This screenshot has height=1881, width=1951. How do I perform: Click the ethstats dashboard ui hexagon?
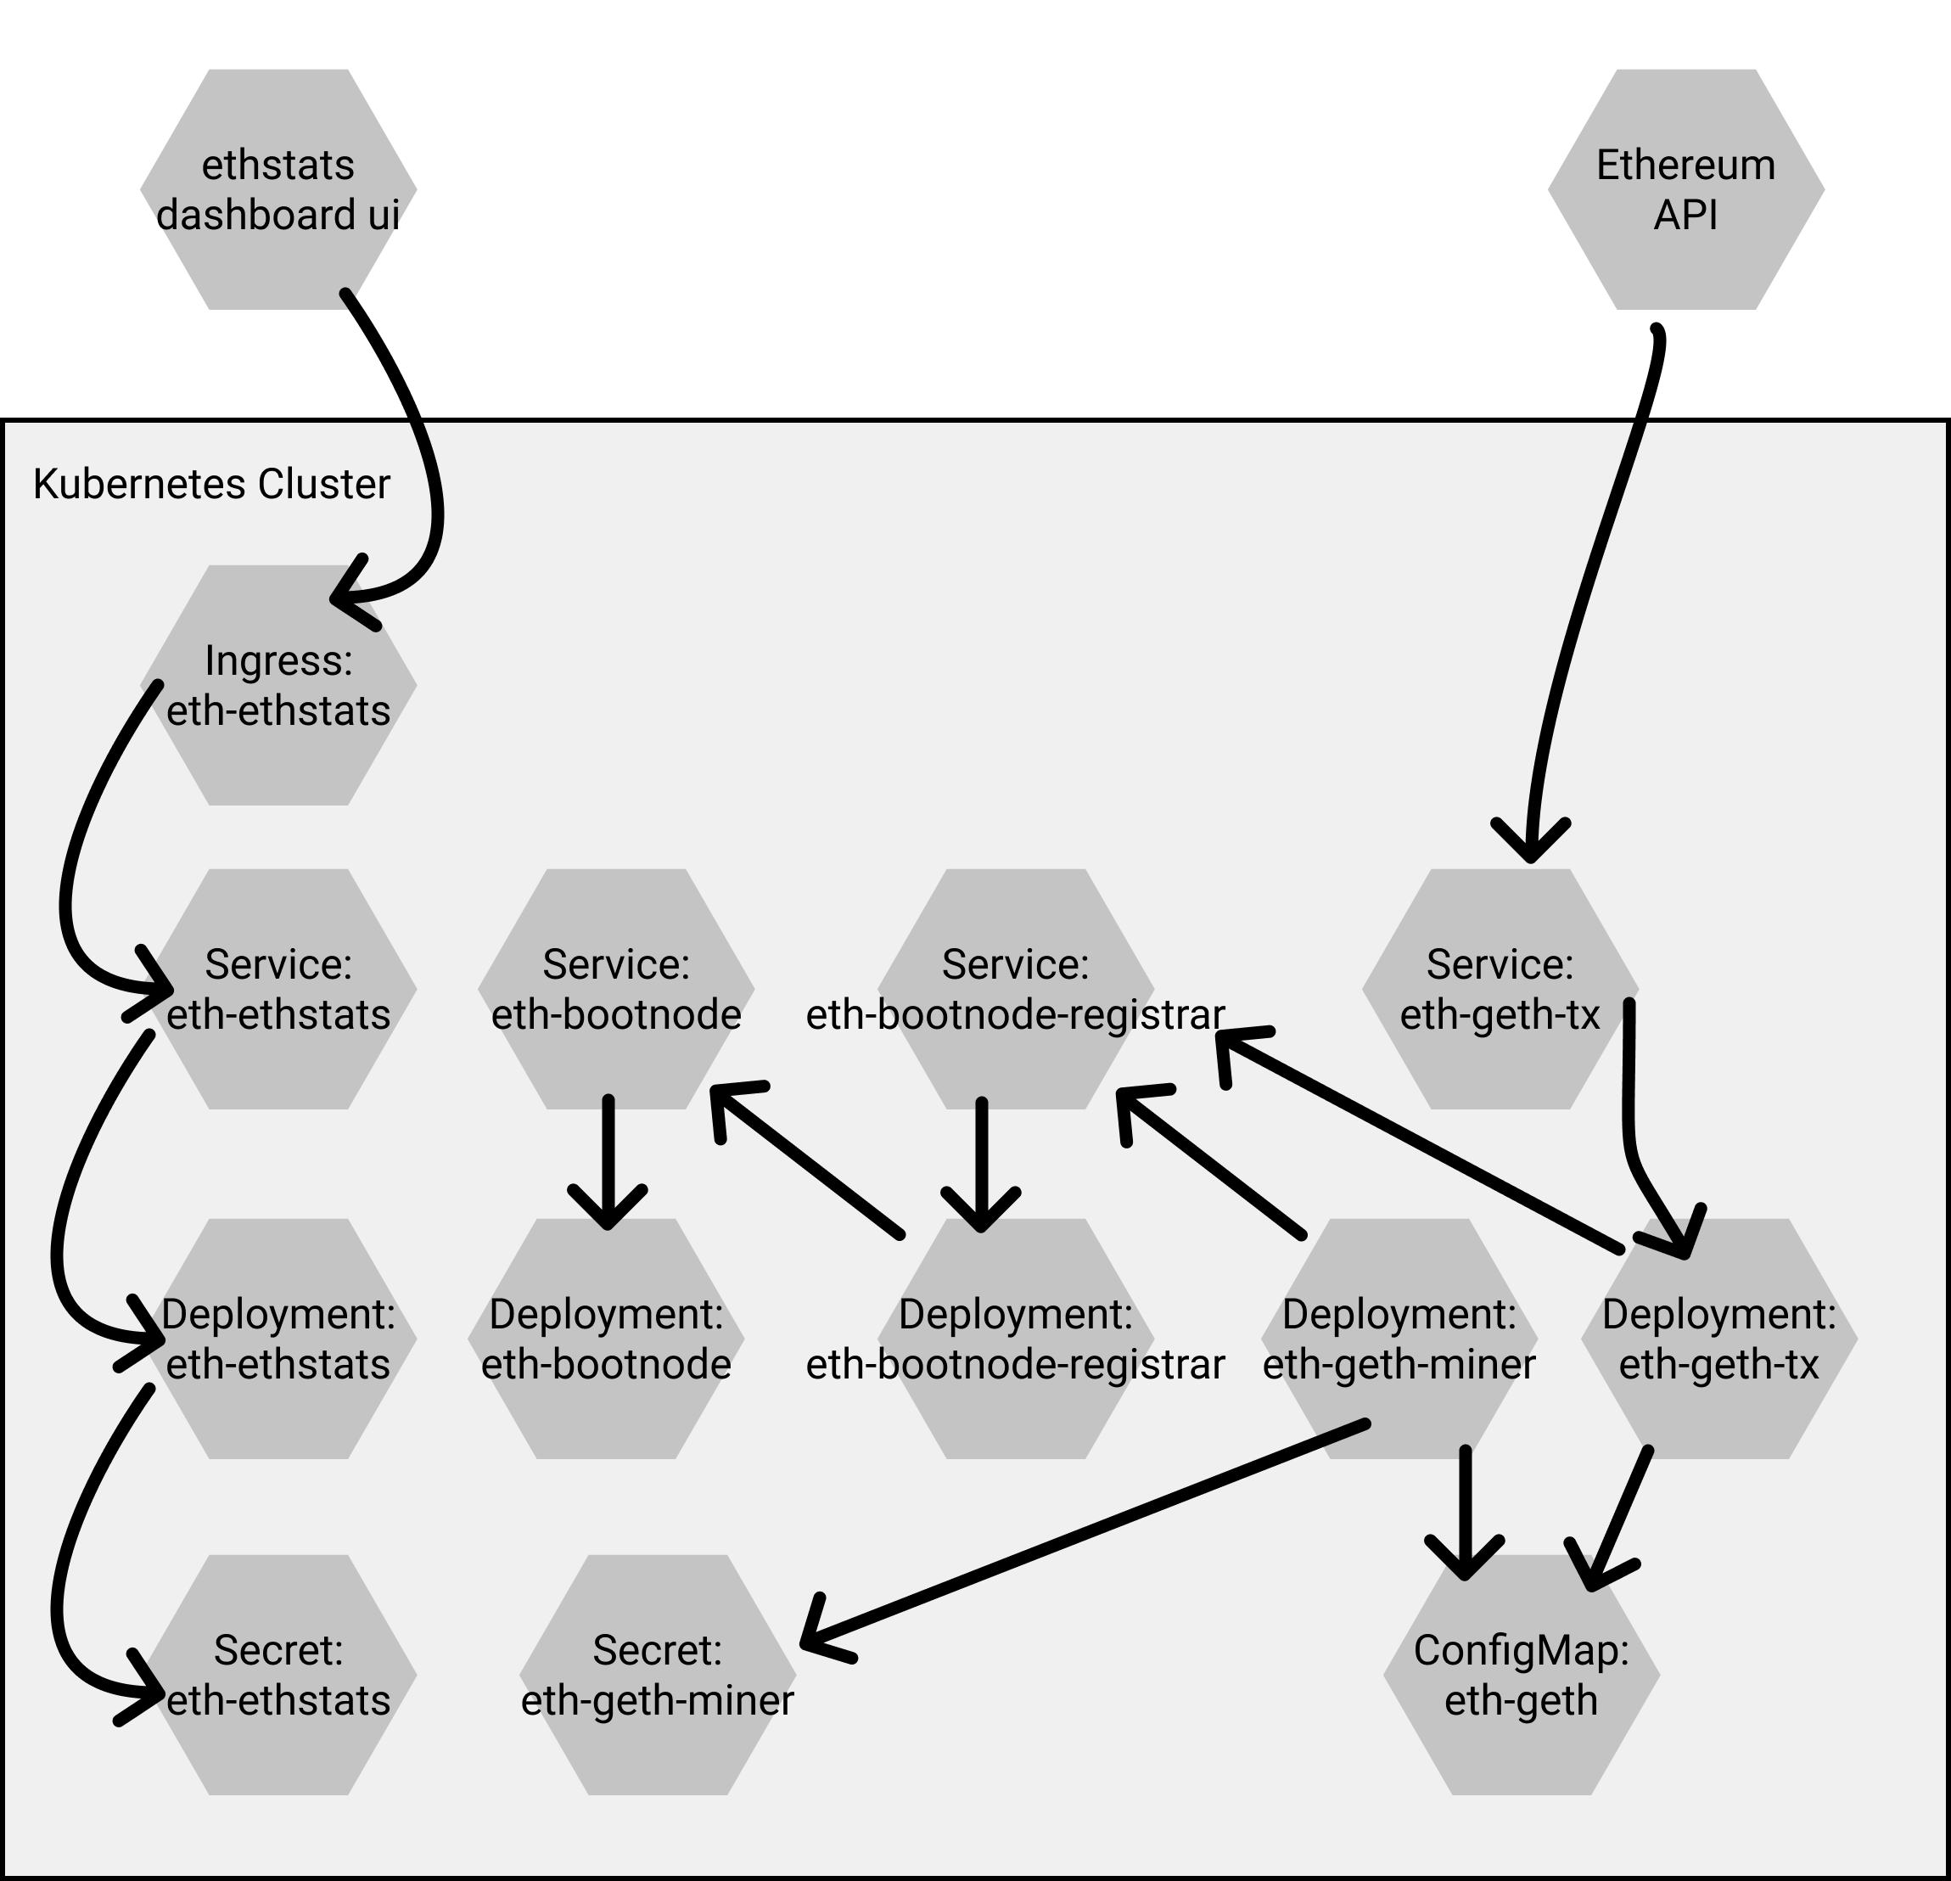(278, 189)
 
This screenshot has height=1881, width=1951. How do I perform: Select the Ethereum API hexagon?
(1686, 189)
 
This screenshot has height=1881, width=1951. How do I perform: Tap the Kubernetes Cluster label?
(211, 484)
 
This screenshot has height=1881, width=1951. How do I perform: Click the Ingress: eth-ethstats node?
(278, 685)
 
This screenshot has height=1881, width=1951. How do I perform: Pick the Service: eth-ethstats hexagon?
(278, 989)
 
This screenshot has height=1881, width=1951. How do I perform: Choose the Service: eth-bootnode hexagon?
(616, 989)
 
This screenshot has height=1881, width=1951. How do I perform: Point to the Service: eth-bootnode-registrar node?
(1015, 989)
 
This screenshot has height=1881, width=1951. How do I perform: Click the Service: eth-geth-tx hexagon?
(1500, 989)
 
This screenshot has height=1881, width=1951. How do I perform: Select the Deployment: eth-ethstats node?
(278, 1339)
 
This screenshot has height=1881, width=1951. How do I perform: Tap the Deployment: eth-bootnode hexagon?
(606, 1339)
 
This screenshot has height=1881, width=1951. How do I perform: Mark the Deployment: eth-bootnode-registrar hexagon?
(1015, 1339)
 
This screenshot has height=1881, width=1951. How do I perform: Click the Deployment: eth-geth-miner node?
(1399, 1339)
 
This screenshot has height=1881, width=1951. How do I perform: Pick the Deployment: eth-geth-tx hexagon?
(1719, 1339)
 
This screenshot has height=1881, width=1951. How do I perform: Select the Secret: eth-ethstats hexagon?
(278, 1675)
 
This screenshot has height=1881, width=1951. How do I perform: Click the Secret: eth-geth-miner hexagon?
(658, 1675)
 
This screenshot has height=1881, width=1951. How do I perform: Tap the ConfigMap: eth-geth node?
(1521, 1675)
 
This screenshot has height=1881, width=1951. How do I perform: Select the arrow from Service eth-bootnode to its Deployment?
(608, 1163)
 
